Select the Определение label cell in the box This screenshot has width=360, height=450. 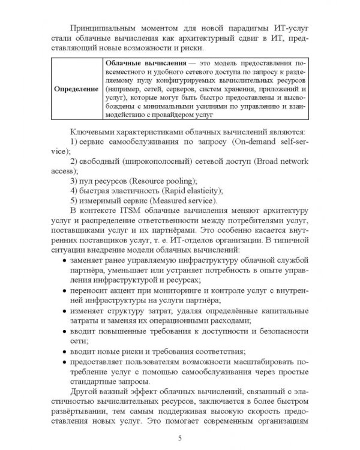tap(76, 88)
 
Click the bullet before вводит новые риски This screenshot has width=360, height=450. tap(64, 352)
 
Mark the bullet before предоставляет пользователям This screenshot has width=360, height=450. tap(64, 364)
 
